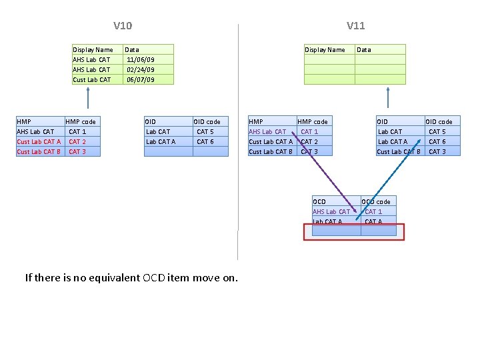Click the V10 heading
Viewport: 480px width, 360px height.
tap(123, 26)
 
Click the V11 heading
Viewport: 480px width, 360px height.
tap(355, 26)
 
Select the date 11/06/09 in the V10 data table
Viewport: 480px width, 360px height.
tap(140, 59)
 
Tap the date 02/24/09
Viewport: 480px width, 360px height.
tap(140, 69)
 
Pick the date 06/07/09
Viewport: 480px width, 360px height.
tap(140, 79)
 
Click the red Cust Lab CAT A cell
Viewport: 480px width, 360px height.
tap(39, 141)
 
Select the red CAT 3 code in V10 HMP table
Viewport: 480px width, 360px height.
tap(77, 151)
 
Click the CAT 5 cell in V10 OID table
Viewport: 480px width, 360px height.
tap(205, 131)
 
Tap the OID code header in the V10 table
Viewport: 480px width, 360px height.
tap(207, 121)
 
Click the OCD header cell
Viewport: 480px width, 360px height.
tap(319, 201)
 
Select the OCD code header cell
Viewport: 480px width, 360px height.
tap(377, 201)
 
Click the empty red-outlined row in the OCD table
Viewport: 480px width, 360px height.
tap(353, 231)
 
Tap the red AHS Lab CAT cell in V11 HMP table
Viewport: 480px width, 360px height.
tap(267, 131)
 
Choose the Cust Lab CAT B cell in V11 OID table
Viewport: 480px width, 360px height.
tap(399, 151)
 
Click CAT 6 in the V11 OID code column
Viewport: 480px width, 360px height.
tap(437, 141)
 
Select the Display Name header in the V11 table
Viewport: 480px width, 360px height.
tap(325, 49)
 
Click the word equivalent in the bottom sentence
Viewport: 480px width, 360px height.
tap(113, 277)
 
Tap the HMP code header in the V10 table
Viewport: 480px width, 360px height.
tap(81, 121)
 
